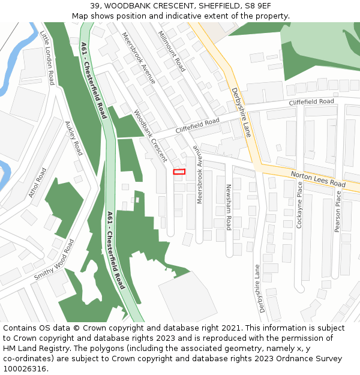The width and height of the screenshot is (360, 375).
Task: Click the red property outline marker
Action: click(x=179, y=172)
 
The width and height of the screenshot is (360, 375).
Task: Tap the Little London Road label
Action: click(x=47, y=58)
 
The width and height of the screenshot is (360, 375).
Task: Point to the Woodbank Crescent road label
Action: click(x=151, y=136)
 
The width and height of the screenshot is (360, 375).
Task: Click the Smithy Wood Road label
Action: click(x=55, y=260)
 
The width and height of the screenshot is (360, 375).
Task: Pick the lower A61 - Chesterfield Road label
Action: click(x=116, y=250)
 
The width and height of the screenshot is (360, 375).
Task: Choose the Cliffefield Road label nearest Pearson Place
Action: click(x=311, y=102)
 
